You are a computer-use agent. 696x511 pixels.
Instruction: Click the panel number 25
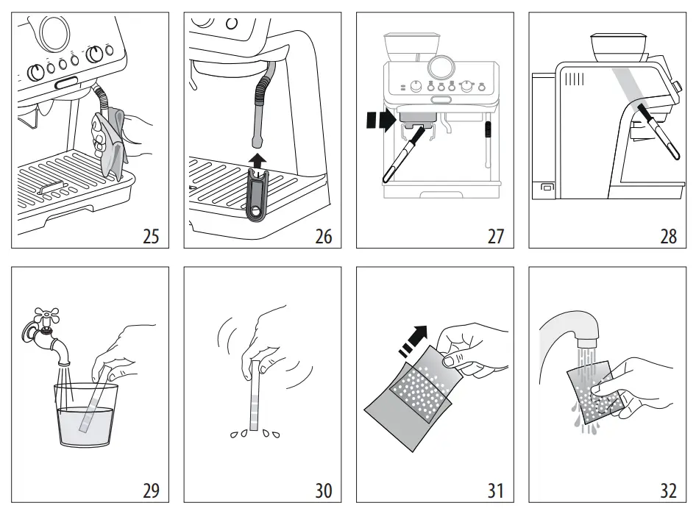(151, 236)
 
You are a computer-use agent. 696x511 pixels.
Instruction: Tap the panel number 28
(668, 236)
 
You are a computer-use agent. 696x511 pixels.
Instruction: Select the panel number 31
(496, 489)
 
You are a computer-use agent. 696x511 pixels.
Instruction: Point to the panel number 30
(324, 489)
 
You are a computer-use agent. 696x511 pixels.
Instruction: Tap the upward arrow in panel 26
(257, 160)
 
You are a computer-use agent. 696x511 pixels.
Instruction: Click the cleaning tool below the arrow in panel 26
(255, 195)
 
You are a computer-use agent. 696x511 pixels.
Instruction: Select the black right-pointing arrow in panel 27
(380, 121)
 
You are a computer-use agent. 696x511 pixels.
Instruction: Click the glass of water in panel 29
(85, 415)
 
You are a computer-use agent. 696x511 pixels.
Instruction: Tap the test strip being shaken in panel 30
(255, 397)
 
